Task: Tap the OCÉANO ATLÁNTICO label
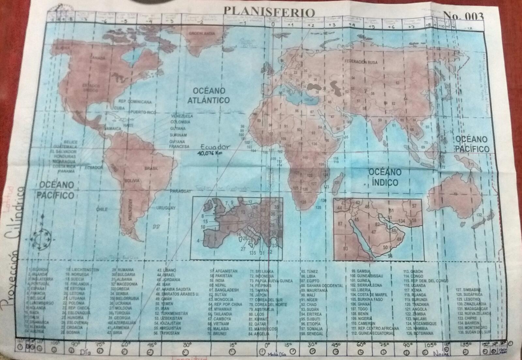(x=209, y=95)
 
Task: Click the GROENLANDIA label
(x=202, y=33)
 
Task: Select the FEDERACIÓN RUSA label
(x=361, y=61)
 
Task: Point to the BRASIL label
(x=152, y=168)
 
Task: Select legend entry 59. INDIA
(x=217, y=280)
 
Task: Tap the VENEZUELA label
(x=182, y=116)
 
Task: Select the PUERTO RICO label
(x=143, y=112)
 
